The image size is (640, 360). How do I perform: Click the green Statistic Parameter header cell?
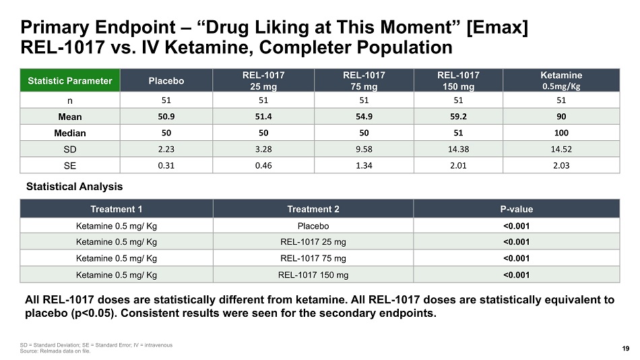(x=70, y=80)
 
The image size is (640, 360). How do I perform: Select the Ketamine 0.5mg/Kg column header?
(x=561, y=80)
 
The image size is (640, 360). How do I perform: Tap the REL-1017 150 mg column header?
(x=458, y=80)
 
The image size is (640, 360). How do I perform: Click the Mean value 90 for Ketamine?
(x=561, y=117)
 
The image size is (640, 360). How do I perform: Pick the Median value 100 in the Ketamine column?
(x=561, y=133)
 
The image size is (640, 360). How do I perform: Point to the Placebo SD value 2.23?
(x=166, y=149)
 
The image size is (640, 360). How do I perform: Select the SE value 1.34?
(x=364, y=165)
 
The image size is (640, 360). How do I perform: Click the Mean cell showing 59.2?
(x=458, y=117)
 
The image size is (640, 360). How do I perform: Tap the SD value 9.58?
(x=364, y=149)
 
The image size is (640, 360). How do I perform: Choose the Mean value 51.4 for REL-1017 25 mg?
(x=263, y=117)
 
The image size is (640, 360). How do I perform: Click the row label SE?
(x=70, y=165)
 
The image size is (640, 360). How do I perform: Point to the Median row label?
(x=70, y=133)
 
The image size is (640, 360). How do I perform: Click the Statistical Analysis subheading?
(x=74, y=187)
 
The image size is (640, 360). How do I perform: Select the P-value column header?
(x=516, y=209)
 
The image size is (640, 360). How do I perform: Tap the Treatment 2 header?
(x=313, y=209)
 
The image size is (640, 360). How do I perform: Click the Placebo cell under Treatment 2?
(x=313, y=226)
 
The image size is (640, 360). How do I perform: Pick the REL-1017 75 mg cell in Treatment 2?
(x=313, y=258)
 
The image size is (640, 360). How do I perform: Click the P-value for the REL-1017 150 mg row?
(x=516, y=275)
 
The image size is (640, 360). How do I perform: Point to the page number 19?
(x=626, y=349)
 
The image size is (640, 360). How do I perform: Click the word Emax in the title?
(x=497, y=28)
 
